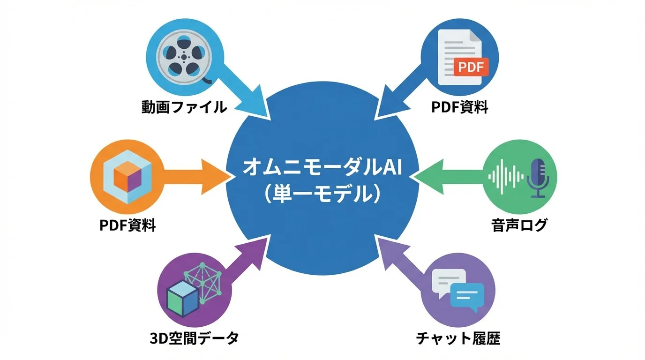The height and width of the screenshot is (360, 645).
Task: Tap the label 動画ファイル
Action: pos(184,108)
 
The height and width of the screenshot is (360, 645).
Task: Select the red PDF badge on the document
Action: pos(471,67)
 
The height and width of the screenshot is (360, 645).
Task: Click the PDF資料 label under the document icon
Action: pos(460,108)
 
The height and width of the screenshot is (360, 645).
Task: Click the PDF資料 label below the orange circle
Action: pos(127,225)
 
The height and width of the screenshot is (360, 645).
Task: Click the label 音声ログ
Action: pos(519,225)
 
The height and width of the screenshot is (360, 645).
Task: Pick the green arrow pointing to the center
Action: pos(445,176)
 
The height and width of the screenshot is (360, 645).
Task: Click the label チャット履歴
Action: pos(458,338)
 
